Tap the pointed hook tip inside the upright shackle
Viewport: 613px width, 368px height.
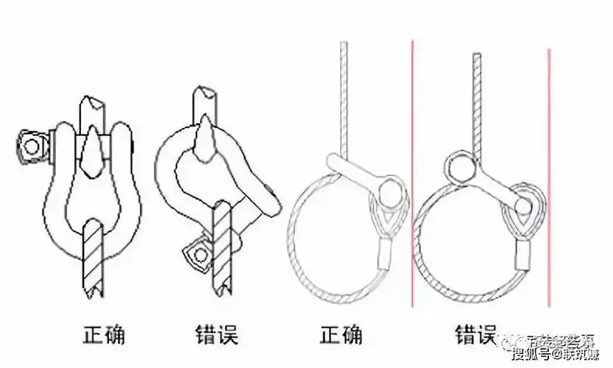click(x=93, y=147)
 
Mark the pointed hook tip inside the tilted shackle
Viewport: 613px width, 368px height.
click(x=205, y=141)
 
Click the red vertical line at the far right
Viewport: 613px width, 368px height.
click(x=549, y=177)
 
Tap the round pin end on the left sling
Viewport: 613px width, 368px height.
click(x=391, y=195)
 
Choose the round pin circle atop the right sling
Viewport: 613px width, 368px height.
click(x=458, y=166)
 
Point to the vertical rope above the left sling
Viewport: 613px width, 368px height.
click(x=343, y=96)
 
